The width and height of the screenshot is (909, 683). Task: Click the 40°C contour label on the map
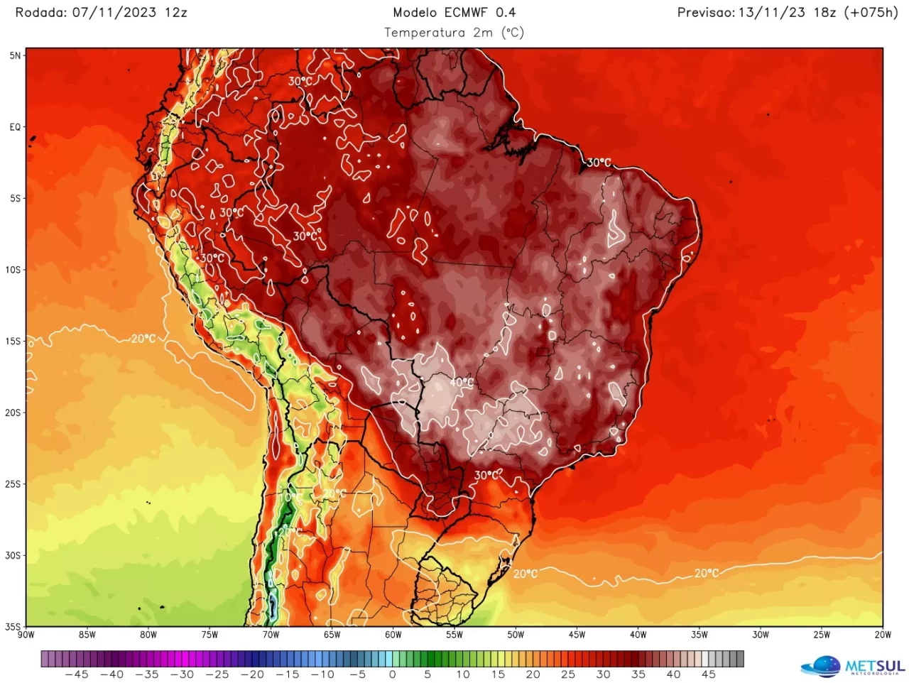point(462,383)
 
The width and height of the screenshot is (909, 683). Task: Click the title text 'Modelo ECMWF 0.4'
point(454,12)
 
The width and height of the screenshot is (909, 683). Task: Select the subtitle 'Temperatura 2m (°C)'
point(454,33)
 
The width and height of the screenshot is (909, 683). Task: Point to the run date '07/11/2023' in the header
point(114,12)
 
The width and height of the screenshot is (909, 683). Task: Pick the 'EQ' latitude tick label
point(16,128)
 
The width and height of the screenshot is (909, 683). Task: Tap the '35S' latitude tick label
point(13,627)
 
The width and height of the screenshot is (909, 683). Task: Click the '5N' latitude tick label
point(16,55)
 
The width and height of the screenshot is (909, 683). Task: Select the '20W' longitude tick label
point(883,635)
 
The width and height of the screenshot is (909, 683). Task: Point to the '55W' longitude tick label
point(454,635)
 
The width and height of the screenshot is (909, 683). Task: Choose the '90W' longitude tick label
point(26,635)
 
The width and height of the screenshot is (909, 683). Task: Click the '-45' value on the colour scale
point(77,674)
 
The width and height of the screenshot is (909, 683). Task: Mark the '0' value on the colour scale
point(392,674)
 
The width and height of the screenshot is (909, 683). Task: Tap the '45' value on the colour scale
point(708,674)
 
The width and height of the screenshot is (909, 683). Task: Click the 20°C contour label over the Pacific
point(143,339)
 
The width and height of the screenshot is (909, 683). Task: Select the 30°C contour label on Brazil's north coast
point(599,163)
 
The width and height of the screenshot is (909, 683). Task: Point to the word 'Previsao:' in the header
point(706,12)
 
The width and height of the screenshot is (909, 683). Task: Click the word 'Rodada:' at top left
point(41,12)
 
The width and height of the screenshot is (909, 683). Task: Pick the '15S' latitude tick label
point(13,341)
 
